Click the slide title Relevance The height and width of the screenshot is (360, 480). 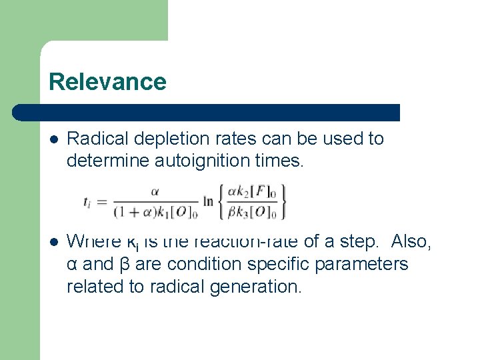tap(107, 82)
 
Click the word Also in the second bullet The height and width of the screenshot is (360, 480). tap(412, 241)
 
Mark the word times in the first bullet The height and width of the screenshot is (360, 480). tap(281, 161)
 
